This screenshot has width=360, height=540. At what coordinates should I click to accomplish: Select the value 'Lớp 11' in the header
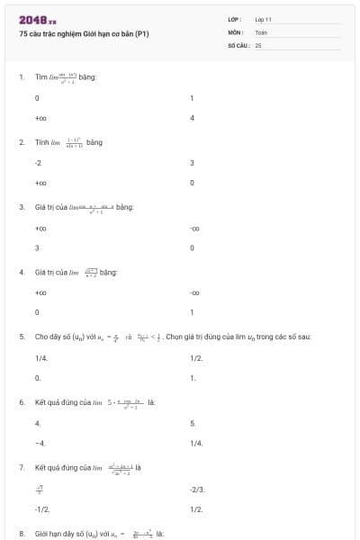click(x=263, y=19)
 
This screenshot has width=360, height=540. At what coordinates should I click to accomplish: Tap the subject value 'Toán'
click(x=261, y=31)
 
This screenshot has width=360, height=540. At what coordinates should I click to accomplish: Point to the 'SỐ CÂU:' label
click(x=238, y=44)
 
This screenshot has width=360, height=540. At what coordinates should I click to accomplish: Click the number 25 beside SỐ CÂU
click(x=258, y=44)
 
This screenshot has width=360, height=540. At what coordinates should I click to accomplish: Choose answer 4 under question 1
click(x=193, y=118)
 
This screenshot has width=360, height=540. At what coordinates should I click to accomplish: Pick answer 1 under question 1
click(x=193, y=97)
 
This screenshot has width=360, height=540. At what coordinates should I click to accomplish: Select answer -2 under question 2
click(x=39, y=163)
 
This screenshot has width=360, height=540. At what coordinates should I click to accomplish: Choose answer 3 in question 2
click(x=193, y=163)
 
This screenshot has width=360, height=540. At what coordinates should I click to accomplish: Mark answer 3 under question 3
click(x=37, y=247)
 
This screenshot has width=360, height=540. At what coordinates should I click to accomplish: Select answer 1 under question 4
click(x=193, y=312)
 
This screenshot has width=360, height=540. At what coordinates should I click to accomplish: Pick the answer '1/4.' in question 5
click(x=41, y=357)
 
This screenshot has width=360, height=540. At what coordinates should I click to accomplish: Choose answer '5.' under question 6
click(x=193, y=422)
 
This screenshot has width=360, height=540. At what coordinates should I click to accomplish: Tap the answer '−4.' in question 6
click(x=40, y=443)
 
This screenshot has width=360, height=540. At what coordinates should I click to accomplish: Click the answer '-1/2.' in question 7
click(x=42, y=508)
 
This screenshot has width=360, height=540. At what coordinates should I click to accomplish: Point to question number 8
click(x=22, y=533)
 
